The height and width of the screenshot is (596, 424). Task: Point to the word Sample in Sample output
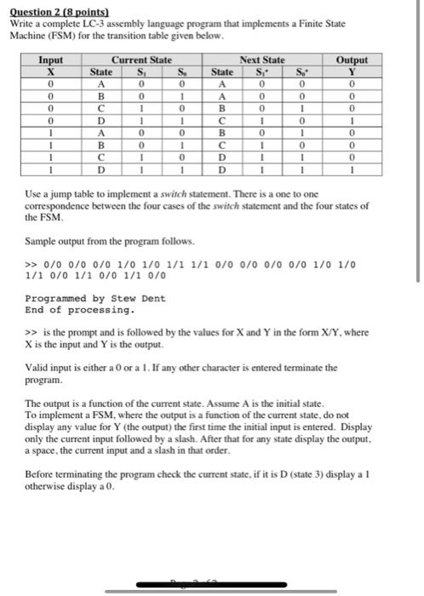(41, 242)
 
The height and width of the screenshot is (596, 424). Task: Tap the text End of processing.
(68, 309)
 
